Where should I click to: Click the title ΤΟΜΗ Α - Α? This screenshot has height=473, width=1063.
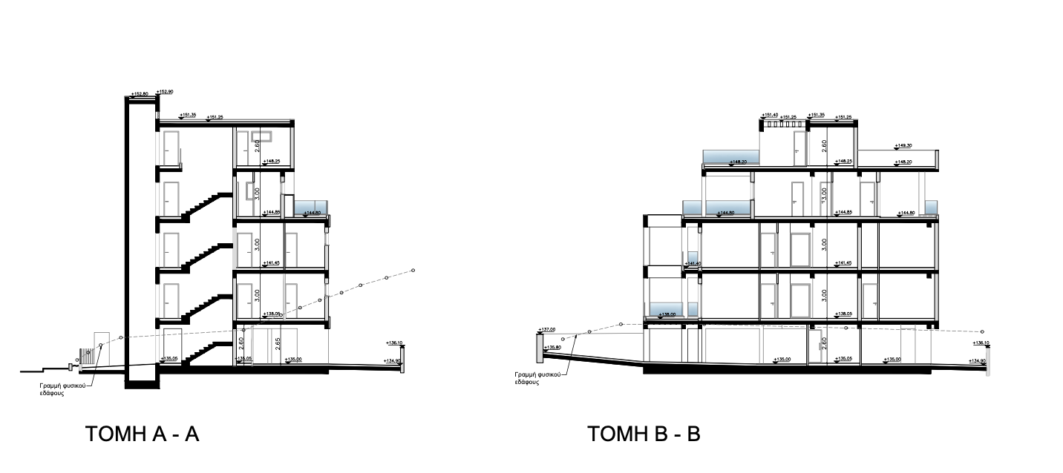click(x=143, y=434)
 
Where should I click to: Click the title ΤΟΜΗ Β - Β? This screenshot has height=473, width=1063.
click(x=644, y=434)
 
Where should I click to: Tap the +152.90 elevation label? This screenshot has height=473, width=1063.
click(x=165, y=92)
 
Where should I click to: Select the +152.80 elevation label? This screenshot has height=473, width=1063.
click(x=140, y=94)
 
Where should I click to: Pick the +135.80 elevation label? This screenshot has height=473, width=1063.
click(x=552, y=347)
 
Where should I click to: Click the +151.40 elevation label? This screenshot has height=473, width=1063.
click(x=770, y=115)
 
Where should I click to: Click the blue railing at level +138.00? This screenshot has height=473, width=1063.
click(x=666, y=310)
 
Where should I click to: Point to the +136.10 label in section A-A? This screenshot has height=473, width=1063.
click(x=394, y=343)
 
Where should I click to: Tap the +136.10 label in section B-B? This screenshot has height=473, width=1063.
click(x=980, y=343)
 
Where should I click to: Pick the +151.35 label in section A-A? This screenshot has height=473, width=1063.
click(x=188, y=115)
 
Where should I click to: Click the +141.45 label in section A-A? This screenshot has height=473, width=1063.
click(x=271, y=262)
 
